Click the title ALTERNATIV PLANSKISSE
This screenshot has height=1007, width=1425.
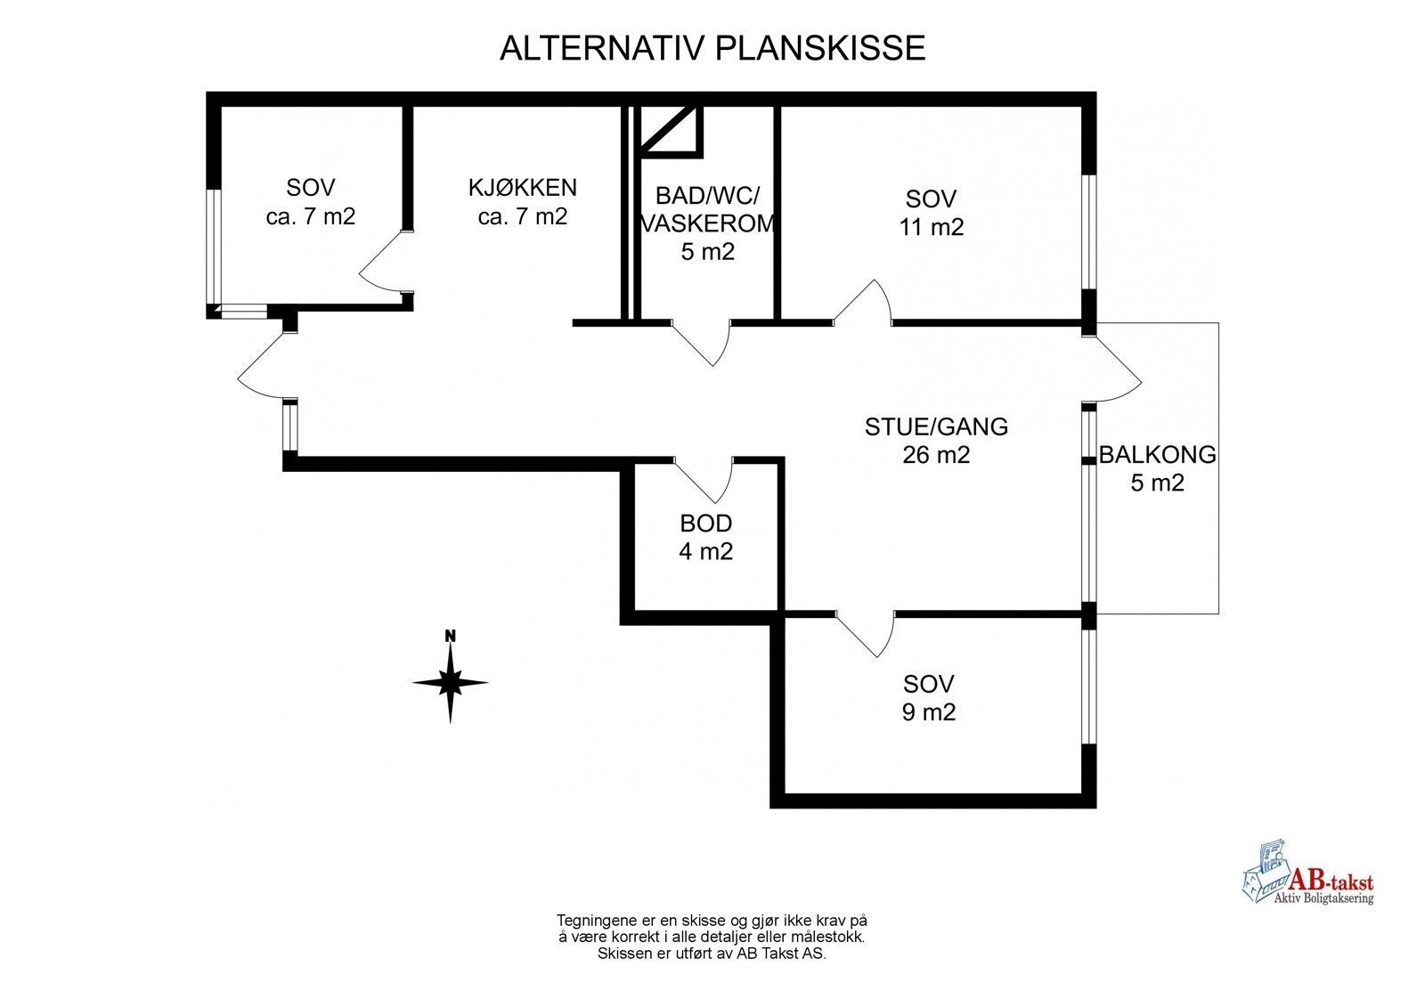pos(712,48)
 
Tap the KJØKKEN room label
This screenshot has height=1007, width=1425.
pos(523,188)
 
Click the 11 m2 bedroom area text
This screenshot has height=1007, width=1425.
pos(932,227)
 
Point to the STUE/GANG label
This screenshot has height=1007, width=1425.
pos(936,427)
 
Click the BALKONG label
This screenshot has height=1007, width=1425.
pos(1157,455)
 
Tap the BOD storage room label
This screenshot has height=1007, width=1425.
pos(705,524)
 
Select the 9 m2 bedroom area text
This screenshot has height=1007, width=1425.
pos(929,712)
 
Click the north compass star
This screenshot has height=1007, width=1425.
pos(451,684)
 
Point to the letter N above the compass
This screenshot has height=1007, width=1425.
pos(451,636)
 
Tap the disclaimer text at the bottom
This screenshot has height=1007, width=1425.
pos(712,937)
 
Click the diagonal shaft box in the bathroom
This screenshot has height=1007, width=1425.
pos(672,129)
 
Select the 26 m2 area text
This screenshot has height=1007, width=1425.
pos(936,455)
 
